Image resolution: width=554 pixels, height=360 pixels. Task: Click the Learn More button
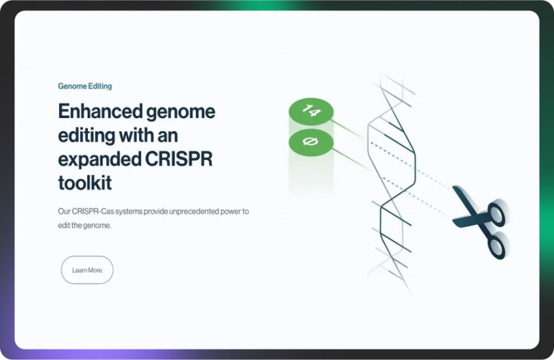click(x=87, y=270)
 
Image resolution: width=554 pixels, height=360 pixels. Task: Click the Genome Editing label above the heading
click(x=85, y=86)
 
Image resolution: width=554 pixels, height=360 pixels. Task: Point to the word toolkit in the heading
click(x=84, y=183)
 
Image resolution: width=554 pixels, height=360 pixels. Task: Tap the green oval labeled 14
click(x=310, y=111)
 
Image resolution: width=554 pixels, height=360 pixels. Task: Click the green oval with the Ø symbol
click(x=310, y=142)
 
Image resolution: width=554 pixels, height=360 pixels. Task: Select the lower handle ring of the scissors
click(x=496, y=247)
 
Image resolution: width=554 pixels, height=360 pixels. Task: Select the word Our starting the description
click(x=64, y=212)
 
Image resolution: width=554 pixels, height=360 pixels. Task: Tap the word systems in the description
click(x=131, y=212)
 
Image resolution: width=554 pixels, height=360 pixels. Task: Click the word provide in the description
click(x=158, y=212)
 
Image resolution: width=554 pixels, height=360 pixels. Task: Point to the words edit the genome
click(x=85, y=225)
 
